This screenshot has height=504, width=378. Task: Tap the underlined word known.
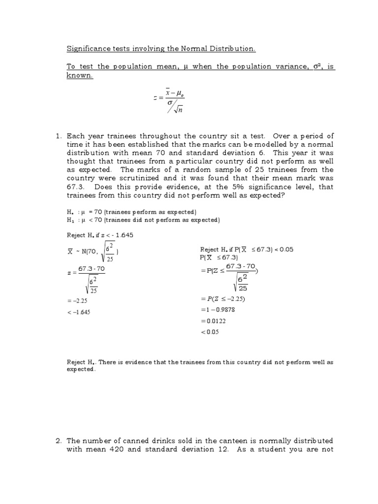[79, 76]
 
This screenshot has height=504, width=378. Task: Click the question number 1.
[58, 136]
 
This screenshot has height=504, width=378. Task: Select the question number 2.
[58, 440]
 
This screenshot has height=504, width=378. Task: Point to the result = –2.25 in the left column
[78, 300]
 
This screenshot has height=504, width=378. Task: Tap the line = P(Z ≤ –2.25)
[223, 299]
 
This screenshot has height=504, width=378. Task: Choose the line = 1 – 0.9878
[219, 310]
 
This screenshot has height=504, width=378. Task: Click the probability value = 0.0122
[214, 321]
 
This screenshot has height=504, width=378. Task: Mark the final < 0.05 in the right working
[210, 332]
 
